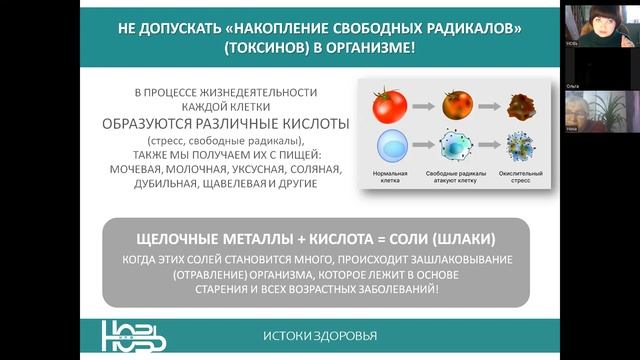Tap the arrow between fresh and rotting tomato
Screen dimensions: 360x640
424,105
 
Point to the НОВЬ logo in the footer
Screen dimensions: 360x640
136,333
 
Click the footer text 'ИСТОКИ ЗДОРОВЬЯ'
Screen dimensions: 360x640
320,335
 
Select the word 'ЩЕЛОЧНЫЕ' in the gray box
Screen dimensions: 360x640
176,241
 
